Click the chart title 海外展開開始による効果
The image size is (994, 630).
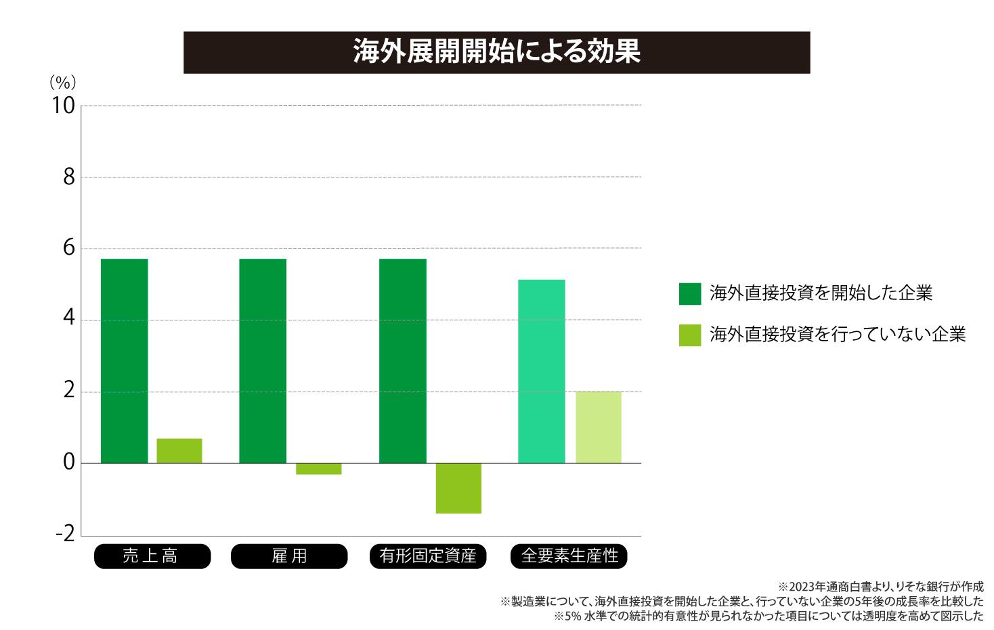pos(496,52)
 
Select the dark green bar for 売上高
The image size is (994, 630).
pos(125,360)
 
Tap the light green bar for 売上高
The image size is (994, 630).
pos(179,450)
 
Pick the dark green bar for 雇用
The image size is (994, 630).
pos(263,360)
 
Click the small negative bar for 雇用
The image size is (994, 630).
pos(318,469)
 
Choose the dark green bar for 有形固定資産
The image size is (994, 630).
pos(403,360)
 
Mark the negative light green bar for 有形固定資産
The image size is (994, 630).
pos(458,488)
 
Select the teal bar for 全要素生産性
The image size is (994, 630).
pos(541,371)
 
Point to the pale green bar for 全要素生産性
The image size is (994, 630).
pos(599,427)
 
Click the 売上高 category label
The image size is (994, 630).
pos(152,556)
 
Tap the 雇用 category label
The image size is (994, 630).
pos(289,556)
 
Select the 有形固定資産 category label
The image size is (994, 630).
pos(428,556)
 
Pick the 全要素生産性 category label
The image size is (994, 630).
pos(569,556)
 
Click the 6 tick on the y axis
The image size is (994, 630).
pos(68,249)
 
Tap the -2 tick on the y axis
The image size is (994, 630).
pos(65,534)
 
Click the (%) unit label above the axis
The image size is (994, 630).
pos(62,83)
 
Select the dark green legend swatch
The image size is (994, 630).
pos(690,294)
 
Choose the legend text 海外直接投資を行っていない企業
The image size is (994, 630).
pos(838,334)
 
